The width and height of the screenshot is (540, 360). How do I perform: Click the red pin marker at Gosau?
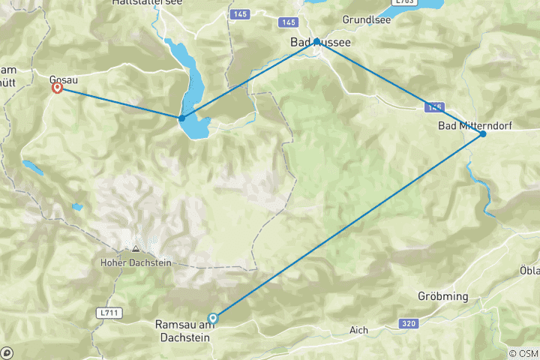[57, 88]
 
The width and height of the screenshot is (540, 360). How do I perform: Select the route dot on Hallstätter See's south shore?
[181, 118]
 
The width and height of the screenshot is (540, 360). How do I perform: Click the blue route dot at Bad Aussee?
[317, 40]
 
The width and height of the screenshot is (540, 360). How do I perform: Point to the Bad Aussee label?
[321, 44]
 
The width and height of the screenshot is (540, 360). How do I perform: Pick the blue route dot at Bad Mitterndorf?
[482, 133]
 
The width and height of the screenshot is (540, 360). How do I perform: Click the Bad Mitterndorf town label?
[475, 125]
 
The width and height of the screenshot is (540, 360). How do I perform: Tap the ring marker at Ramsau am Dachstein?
[213, 317]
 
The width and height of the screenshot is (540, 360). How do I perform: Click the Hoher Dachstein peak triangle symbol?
[135, 249]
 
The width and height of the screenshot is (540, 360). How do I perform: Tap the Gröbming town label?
[443, 296]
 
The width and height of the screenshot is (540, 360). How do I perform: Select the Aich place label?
[359, 329]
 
